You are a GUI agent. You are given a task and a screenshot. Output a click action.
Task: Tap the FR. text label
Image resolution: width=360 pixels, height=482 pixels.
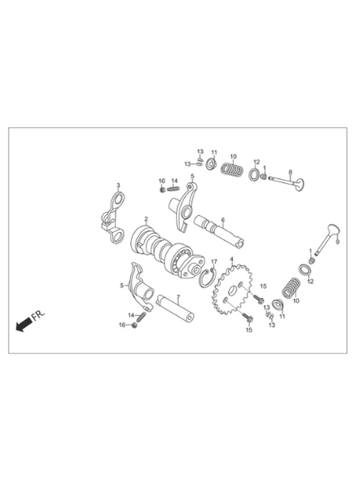click(x=38, y=315)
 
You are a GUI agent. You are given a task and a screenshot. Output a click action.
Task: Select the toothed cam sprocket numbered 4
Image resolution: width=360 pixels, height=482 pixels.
click(x=232, y=290)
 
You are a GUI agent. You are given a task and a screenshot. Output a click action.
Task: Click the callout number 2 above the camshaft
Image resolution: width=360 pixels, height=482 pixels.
click(x=146, y=220)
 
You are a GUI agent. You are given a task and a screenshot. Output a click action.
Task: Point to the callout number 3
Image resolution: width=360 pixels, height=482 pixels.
click(x=118, y=186)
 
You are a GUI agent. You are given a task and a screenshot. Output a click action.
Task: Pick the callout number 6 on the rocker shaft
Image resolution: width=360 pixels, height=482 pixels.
click(x=223, y=220)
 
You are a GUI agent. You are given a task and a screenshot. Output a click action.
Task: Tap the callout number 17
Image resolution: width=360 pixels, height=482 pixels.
click(x=214, y=261)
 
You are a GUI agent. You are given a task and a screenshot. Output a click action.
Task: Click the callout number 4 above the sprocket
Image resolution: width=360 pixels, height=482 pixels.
click(x=231, y=259)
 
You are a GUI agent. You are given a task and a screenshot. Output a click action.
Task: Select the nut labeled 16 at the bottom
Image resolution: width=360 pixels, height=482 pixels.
click(x=134, y=325)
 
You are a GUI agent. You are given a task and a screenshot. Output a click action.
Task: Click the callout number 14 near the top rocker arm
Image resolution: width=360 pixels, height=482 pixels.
click(x=174, y=181)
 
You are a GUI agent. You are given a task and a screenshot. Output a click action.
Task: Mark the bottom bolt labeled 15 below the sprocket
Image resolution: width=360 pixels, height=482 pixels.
click(x=248, y=318)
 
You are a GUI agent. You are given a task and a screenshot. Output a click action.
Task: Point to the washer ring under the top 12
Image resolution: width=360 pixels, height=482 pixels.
click(x=255, y=174)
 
